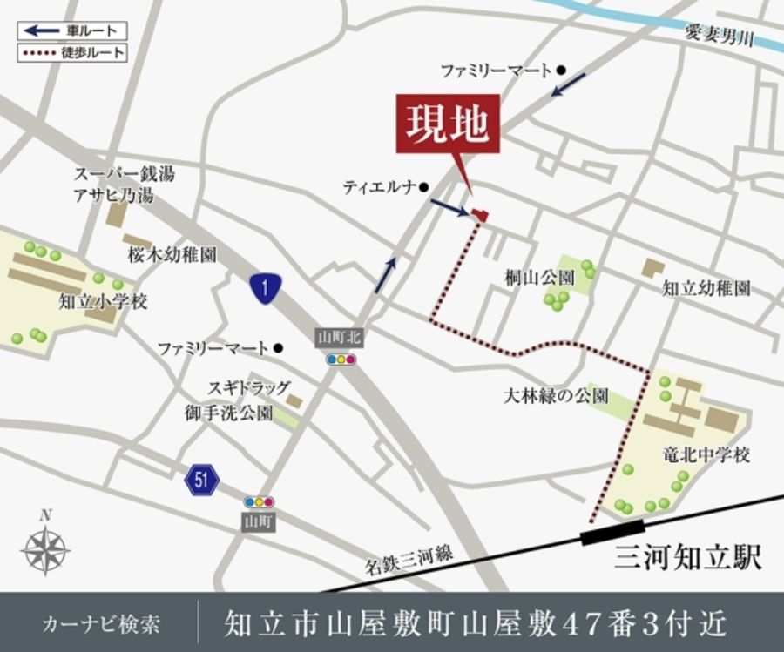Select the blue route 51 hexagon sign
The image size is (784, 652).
202,478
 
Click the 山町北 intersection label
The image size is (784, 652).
338,337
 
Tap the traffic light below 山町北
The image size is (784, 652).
339,358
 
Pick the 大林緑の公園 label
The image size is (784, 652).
556,396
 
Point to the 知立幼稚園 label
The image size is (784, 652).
706,288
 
